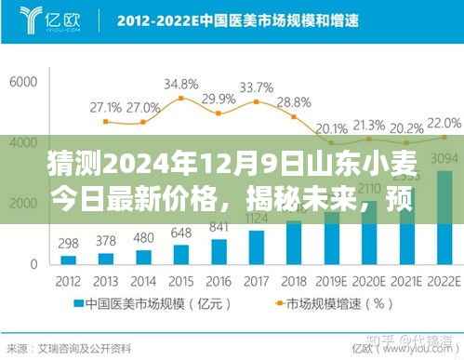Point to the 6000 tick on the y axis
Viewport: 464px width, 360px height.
click(21, 82)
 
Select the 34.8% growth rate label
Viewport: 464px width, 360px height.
click(180, 85)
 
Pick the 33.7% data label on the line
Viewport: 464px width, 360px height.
click(257, 88)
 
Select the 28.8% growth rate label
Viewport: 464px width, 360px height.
click(294, 102)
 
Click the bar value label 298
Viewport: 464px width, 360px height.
click(67, 244)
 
